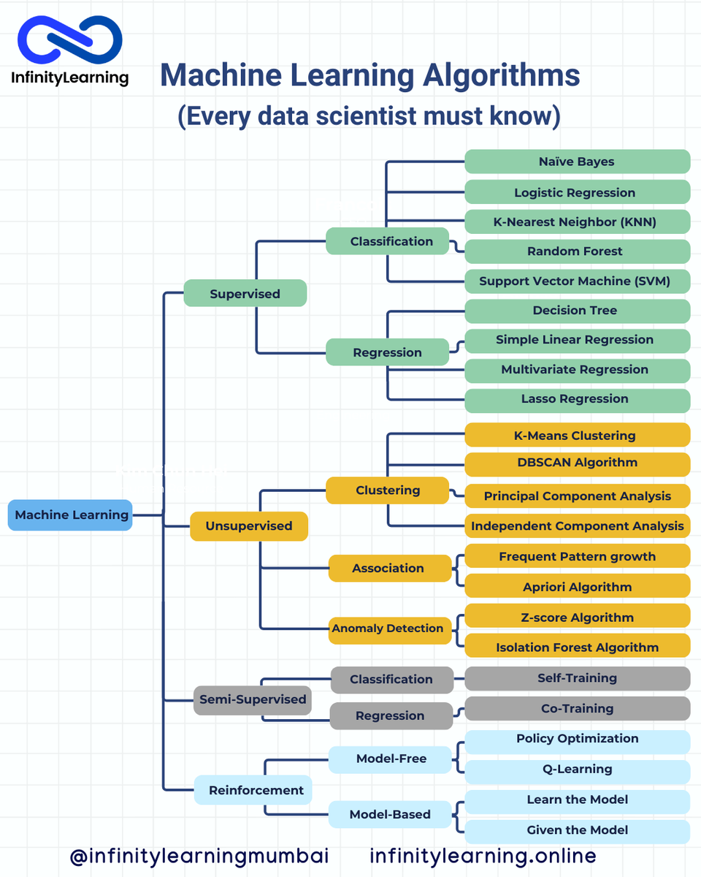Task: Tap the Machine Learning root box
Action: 71,515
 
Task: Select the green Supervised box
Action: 245,294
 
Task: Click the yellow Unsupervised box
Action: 248,526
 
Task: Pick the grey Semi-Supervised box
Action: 253,699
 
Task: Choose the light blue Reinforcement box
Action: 246,790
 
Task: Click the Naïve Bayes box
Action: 577,162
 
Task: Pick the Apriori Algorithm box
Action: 577,587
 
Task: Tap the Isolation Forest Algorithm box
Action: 577,648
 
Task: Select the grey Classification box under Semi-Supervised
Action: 391,680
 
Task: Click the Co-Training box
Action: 577,708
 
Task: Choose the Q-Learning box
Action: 577,769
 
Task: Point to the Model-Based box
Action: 390,814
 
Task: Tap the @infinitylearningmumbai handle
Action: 199,856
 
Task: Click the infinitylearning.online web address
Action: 483,856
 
